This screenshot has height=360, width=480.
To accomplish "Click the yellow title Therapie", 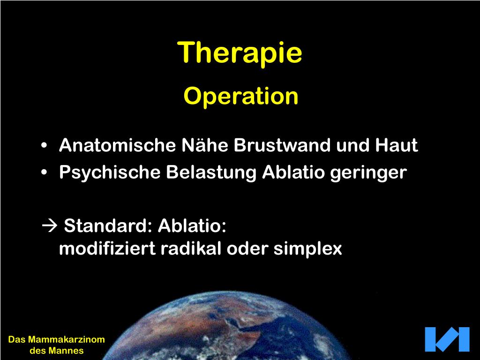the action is [240, 53].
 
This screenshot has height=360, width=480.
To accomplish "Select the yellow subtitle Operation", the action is [241, 97].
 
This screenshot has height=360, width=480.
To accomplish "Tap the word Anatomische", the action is [117, 145].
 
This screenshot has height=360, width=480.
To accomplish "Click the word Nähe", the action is [205, 145].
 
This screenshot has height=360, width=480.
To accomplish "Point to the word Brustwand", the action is [282, 145].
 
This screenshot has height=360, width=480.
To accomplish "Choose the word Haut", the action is [397, 145].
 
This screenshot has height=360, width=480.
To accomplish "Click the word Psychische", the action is [110, 172].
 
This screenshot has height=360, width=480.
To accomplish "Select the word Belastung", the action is [211, 172].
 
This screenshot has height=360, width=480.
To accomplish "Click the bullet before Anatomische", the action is [44, 145].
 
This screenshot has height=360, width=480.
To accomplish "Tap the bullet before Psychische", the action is [44, 172].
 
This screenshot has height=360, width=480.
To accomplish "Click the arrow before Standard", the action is [49, 226].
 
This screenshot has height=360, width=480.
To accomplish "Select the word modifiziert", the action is [107, 248].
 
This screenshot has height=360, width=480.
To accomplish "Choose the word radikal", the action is [191, 248].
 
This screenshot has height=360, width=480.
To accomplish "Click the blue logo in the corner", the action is [447, 339].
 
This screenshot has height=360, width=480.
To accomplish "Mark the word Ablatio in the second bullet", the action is [293, 172].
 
